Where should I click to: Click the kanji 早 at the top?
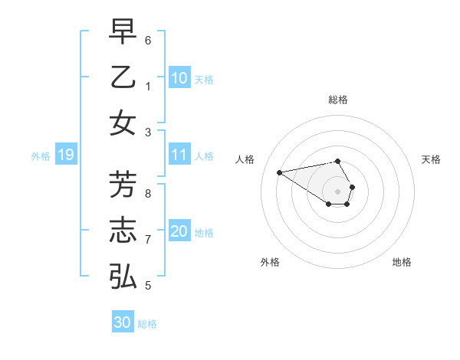point(123,32)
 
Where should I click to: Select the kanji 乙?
point(123,77)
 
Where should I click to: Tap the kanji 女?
point(123,123)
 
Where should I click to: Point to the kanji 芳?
point(123,185)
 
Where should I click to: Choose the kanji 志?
point(123,231)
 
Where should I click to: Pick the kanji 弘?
point(123,276)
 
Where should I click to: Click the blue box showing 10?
point(179,78)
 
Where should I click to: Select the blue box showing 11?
point(179,155)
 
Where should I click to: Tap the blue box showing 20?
point(179,232)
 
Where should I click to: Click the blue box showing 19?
point(65,155)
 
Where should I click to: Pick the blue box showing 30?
point(123,322)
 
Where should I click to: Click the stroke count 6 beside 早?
point(149,40)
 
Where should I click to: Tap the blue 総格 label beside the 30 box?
point(148,324)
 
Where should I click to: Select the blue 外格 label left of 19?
point(41,156)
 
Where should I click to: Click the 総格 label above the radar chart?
point(338,100)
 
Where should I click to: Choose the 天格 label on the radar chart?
point(432,159)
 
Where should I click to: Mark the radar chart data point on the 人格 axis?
point(279,172)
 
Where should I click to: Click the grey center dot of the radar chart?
point(338,191)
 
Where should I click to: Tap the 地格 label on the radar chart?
point(402,262)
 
